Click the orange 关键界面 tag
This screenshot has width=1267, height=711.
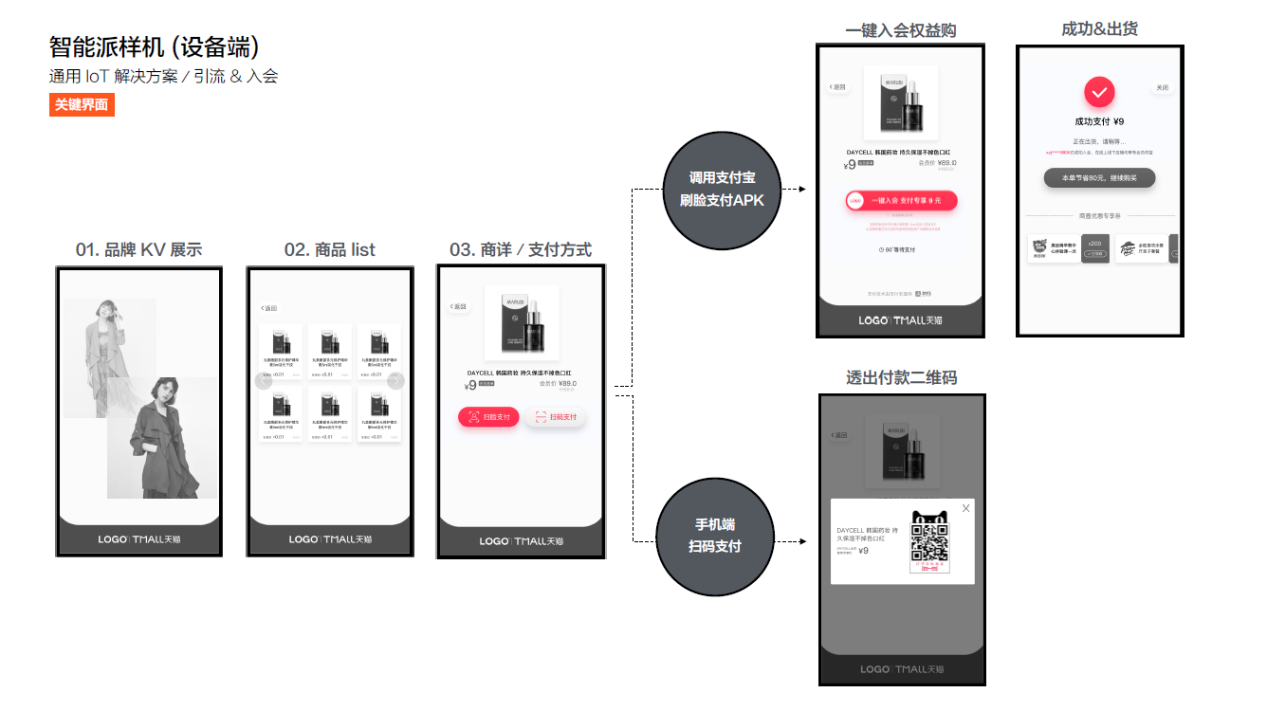pyautogui.click(x=82, y=105)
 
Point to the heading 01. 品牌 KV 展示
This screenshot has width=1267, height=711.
pyautogui.click(x=138, y=250)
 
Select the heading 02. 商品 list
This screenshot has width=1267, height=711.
pyautogui.click(x=329, y=250)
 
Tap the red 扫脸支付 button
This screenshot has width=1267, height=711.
pyautogui.click(x=488, y=417)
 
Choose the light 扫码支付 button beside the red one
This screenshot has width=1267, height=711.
pyautogui.click(x=555, y=417)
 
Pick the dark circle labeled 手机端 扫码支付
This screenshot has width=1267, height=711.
pyautogui.click(x=715, y=536)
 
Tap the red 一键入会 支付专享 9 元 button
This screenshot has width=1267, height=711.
pyautogui.click(x=900, y=200)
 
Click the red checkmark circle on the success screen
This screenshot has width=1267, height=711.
pyautogui.click(x=1099, y=92)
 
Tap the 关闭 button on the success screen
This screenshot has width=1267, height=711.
pyautogui.click(x=1162, y=88)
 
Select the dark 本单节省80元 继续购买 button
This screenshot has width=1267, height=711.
pyautogui.click(x=1099, y=178)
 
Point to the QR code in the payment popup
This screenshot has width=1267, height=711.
pyautogui.click(x=929, y=542)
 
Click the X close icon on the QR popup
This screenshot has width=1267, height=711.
pyautogui.click(x=965, y=509)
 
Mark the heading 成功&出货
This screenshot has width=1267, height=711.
pyautogui.click(x=1099, y=29)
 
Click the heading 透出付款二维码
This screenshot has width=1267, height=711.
pyautogui.click(x=901, y=377)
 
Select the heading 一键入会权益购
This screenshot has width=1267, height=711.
pyautogui.click(x=900, y=30)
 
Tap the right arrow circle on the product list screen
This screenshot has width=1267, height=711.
pyautogui.click(x=396, y=381)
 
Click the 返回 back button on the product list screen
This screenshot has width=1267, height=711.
pyautogui.click(x=268, y=308)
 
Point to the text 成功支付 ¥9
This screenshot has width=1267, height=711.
pyautogui.click(x=1099, y=121)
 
